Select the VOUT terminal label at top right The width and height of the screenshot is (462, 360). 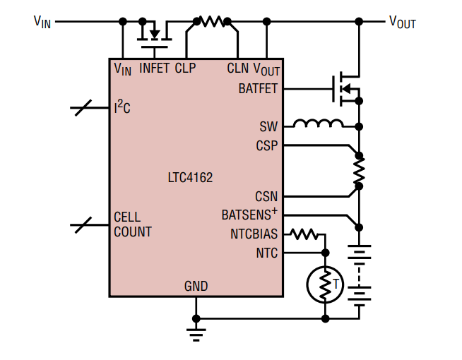pyautogui.click(x=403, y=22)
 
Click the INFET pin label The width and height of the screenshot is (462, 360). pyautogui.click(x=154, y=68)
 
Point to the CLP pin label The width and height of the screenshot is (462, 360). pyautogui.click(x=185, y=68)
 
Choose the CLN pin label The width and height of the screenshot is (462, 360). pyautogui.click(x=237, y=68)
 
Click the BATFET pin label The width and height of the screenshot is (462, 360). pyautogui.click(x=259, y=89)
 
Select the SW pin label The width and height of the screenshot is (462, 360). pyautogui.click(x=269, y=127)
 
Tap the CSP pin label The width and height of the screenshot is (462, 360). pyautogui.click(x=267, y=146)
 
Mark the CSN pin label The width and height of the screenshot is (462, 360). pyautogui.click(x=266, y=197)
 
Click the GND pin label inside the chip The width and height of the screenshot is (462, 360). pyautogui.click(x=196, y=286)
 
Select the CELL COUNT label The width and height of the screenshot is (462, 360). pyautogui.click(x=132, y=224)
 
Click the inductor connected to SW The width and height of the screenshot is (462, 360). pyautogui.click(x=318, y=125)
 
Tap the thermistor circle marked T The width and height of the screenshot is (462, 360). pyautogui.click(x=324, y=284)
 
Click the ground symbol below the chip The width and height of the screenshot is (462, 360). pyautogui.click(x=196, y=330)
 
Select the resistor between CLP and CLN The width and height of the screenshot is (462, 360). pyautogui.click(x=211, y=22)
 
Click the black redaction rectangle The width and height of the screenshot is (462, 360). pyautogui.click(x=339, y=336)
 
